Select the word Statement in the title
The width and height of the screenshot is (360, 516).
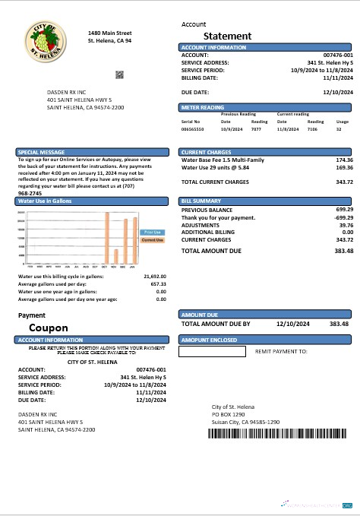point(228,36)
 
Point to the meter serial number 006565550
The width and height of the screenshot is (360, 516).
point(192,130)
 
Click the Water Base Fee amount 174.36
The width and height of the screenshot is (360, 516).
point(343,160)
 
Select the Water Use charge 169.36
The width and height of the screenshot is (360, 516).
point(343,168)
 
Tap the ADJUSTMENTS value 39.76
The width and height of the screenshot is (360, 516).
point(345,225)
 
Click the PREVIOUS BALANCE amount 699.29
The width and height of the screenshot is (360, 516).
point(343,209)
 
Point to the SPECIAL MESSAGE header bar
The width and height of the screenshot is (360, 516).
point(95,152)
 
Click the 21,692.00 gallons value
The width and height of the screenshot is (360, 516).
point(155,277)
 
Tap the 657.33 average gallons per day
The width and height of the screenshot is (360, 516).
point(157,284)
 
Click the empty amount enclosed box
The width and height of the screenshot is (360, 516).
point(212,352)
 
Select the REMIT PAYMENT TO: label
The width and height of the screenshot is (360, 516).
point(281,352)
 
